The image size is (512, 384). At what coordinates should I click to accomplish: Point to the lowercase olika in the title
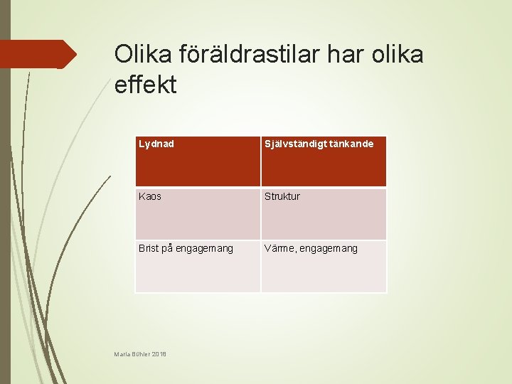point(398,54)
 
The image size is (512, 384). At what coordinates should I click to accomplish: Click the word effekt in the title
point(145,85)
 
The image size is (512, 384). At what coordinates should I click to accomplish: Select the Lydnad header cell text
point(156,144)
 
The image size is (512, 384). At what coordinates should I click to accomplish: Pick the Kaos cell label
point(150,196)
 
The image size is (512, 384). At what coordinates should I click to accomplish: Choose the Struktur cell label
point(282,196)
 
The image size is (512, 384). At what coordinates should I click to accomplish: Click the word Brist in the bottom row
point(149,248)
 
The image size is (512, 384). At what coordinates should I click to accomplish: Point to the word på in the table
point(167,249)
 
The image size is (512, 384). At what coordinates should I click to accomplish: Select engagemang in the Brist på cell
point(204,249)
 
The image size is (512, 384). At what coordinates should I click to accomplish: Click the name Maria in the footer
point(122,353)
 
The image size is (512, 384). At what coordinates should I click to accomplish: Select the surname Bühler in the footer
point(141,353)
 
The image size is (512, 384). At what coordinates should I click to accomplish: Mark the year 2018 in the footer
point(159,353)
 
